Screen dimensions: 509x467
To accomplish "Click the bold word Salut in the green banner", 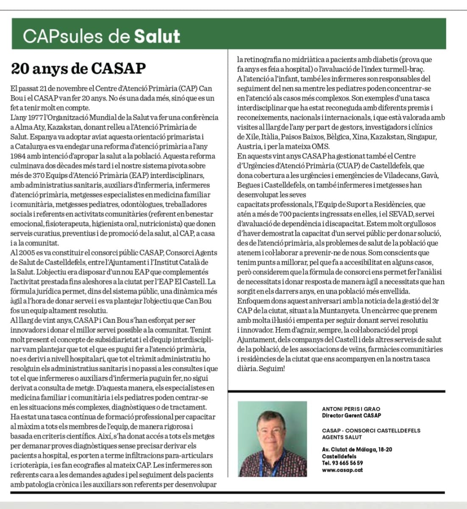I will tap(157, 36).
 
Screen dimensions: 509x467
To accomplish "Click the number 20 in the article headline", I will tap(19, 69).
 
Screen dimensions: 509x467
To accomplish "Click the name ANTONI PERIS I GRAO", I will tap(351, 409).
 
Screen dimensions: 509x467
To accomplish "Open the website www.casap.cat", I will tap(336, 470).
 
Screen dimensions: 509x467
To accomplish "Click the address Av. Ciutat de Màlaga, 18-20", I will tap(357, 450).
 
